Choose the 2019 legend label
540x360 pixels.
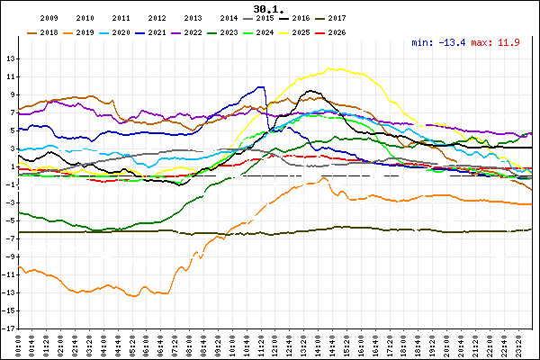(x=85, y=32)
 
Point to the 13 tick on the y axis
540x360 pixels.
(x=10, y=59)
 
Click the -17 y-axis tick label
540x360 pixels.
(x=8, y=328)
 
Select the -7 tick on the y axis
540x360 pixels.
(x=10, y=238)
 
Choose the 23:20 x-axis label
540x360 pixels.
(x=521, y=345)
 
